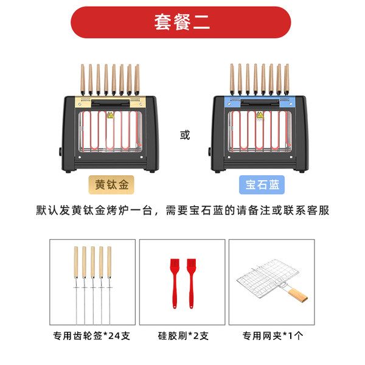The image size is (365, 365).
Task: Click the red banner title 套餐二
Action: click(182, 23)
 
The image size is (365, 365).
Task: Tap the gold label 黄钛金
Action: click(111, 184)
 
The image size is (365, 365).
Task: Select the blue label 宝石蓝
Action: click(262, 184)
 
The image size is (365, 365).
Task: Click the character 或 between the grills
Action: click(185, 135)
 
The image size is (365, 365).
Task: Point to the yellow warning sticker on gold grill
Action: click(110, 115)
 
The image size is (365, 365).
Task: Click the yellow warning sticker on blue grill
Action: click(260, 116)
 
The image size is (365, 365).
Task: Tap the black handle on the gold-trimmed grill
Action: click(110, 103)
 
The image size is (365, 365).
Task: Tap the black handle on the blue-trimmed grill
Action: click(260, 102)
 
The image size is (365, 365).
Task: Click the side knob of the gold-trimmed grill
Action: click(60, 152)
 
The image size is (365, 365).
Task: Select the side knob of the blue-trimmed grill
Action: click(209, 151)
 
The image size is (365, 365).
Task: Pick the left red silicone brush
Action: click(175, 283)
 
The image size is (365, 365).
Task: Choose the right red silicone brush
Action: click(192, 283)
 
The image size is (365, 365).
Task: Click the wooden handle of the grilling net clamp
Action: click(298, 294)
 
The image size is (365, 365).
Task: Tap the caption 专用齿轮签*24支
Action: click(91, 336)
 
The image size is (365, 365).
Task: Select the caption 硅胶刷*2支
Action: click(183, 336)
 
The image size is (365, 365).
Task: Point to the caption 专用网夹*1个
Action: click(273, 336)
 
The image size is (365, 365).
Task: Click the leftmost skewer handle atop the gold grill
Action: click(83, 78)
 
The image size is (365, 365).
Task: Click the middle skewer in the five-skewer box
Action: click(92, 285)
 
